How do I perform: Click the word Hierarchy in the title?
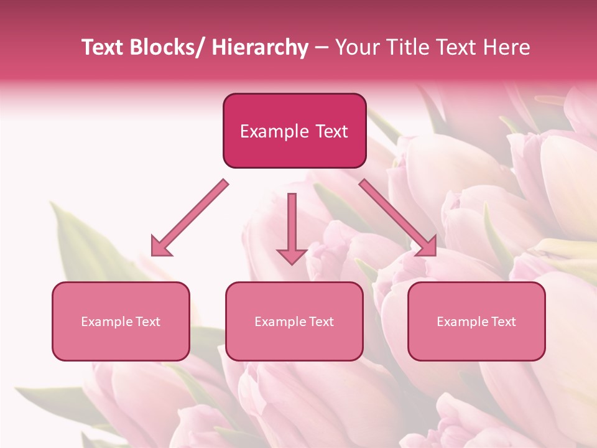pos(260,48)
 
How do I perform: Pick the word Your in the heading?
pos(356,48)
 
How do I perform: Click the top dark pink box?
pos(294,131)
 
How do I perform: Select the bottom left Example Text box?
pos(121,321)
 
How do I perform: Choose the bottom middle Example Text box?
pos(294,321)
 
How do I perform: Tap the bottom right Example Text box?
pos(476,321)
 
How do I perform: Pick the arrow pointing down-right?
pos(398,218)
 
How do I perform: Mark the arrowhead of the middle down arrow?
pos(292,256)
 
